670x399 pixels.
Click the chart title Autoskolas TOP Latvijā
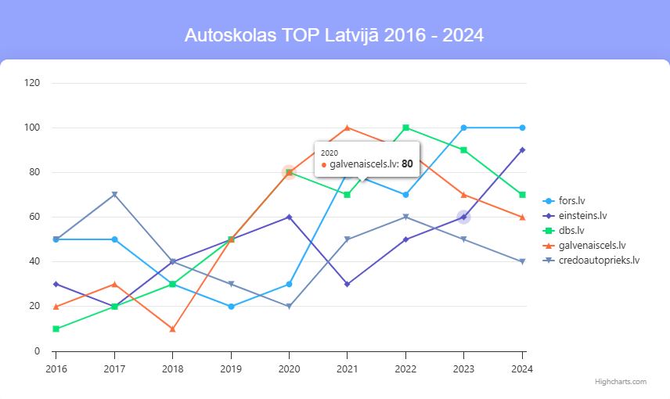(334, 36)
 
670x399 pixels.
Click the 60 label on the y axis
(34, 217)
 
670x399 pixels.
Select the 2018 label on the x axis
(172, 368)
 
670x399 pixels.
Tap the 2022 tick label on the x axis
(405, 368)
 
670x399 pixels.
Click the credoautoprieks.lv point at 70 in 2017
(114, 195)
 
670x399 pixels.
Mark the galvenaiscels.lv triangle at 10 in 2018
(172, 329)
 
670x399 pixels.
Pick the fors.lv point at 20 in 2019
(231, 307)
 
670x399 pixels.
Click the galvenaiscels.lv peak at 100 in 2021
(348, 128)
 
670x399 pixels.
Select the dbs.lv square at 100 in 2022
(405, 128)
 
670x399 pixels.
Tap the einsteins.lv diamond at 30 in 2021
(348, 284)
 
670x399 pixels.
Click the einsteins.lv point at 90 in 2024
(522, 149)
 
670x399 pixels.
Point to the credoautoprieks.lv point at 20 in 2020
(289, 307)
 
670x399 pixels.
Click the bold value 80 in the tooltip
(407, 164)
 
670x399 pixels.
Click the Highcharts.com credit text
(620, 382)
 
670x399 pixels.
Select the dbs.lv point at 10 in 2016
(56, 329)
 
